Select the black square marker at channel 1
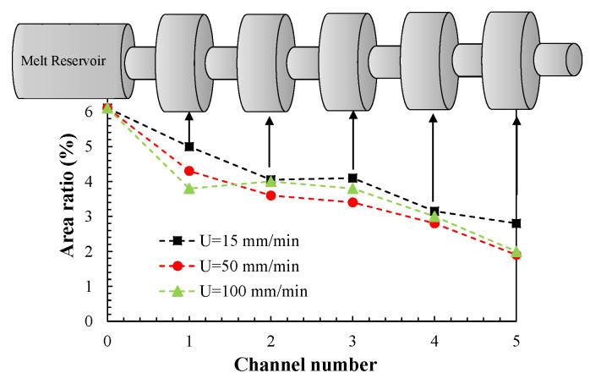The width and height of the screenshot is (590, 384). click(189, 146)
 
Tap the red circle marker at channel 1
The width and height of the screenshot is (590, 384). click(189, 171)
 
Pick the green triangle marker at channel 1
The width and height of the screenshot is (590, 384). click(189, 188)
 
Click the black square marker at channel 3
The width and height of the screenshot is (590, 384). click(352, 178)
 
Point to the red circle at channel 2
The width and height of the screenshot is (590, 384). click(270, 195)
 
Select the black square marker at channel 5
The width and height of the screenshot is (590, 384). click(516, 223)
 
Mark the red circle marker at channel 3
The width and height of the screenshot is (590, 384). click(352, 202)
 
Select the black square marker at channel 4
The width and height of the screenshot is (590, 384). click(434, 211)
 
